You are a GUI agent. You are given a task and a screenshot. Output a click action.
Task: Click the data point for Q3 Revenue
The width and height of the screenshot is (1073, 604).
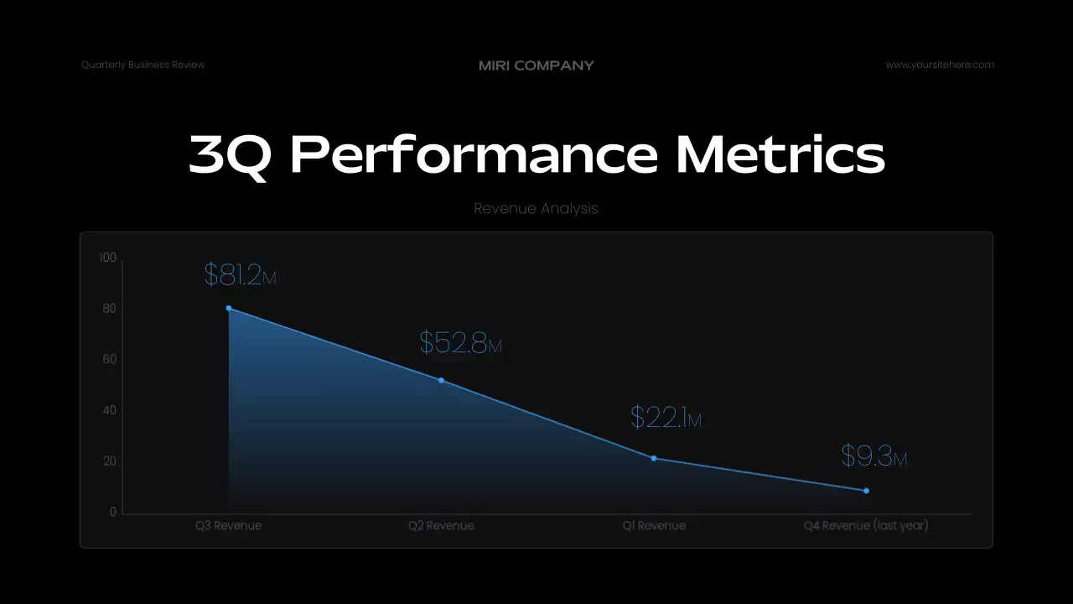tap(229, 309)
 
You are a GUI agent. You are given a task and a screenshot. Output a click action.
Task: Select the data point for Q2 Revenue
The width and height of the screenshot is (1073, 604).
tap(442, 381)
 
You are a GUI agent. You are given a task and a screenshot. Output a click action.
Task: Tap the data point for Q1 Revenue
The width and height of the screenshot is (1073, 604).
tap(654, 458)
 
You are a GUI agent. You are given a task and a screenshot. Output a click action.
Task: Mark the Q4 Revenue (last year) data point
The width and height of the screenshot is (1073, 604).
tap(866, 491)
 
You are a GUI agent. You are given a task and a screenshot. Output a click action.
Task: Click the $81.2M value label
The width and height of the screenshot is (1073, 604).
tap(240, 275)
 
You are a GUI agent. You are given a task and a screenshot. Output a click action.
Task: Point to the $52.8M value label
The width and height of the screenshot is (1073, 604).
tap(460, 343)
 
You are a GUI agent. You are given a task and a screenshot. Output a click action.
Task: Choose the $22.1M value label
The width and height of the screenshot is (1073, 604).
tap(666, 418)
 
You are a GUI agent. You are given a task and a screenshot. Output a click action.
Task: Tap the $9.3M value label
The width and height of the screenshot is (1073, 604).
tap(873, 456)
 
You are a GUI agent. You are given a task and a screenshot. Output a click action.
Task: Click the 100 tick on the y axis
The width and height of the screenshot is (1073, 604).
tap(106, 258)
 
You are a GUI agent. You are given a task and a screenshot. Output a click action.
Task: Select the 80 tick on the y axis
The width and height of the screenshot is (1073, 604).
tap(109, 309)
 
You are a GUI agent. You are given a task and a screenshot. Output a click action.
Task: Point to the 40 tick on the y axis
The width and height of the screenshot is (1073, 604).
tap(109, 410)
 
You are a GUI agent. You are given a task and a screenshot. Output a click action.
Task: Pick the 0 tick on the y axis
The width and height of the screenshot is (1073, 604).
tap(113, 513)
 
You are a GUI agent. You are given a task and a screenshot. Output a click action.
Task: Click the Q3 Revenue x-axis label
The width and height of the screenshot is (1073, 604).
tap(229, 526)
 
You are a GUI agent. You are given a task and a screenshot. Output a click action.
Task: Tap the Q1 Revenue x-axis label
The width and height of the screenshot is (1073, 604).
tap(654, 526)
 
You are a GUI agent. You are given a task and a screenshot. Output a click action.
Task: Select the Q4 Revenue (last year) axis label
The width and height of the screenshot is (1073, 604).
tap(866, 526)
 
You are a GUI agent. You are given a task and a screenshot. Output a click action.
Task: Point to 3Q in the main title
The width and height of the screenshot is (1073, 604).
tap(230, 155)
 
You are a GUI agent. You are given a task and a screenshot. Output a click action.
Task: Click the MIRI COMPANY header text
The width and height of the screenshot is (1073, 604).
tap(536, 65)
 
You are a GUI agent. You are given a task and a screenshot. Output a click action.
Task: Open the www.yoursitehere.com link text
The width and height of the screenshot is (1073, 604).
tap(940, 65)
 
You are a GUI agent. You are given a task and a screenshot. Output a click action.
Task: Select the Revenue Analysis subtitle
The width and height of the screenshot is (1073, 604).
tap(536, 208)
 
